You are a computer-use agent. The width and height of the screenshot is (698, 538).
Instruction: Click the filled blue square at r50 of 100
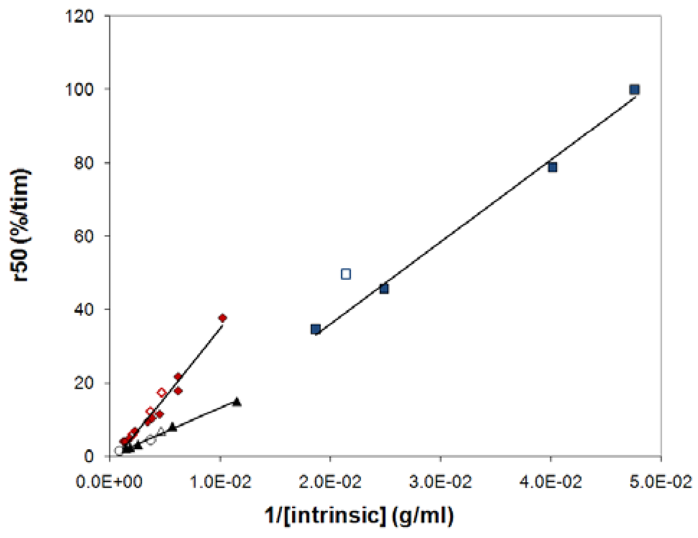coord(634,90)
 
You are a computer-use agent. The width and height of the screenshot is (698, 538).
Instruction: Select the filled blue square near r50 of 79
coord(552,167)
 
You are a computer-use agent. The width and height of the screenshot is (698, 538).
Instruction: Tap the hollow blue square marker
coord(346,274)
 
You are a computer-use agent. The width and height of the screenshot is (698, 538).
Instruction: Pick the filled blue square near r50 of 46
coord(384,288)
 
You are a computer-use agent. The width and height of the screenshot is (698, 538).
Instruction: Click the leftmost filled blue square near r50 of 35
coord(315,329)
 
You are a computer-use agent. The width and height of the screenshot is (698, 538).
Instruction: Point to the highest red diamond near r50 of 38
coord(222,318)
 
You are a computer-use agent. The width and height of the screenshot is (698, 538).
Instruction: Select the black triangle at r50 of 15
coord(237,402)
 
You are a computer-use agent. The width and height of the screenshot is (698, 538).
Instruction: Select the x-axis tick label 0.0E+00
coord(109,482)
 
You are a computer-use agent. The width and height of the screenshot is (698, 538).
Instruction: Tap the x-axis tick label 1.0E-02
coord(220,482)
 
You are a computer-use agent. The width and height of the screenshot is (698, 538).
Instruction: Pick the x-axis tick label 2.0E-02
coord(330,482)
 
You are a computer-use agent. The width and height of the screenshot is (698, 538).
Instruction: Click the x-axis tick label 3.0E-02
coord(441,482)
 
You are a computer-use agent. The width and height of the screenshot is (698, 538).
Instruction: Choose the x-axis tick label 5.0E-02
coord(661,482)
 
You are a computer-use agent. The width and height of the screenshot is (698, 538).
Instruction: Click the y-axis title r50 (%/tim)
coord(21,225)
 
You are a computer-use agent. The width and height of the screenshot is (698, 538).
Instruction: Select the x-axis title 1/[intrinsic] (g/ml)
coord(359,515)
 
